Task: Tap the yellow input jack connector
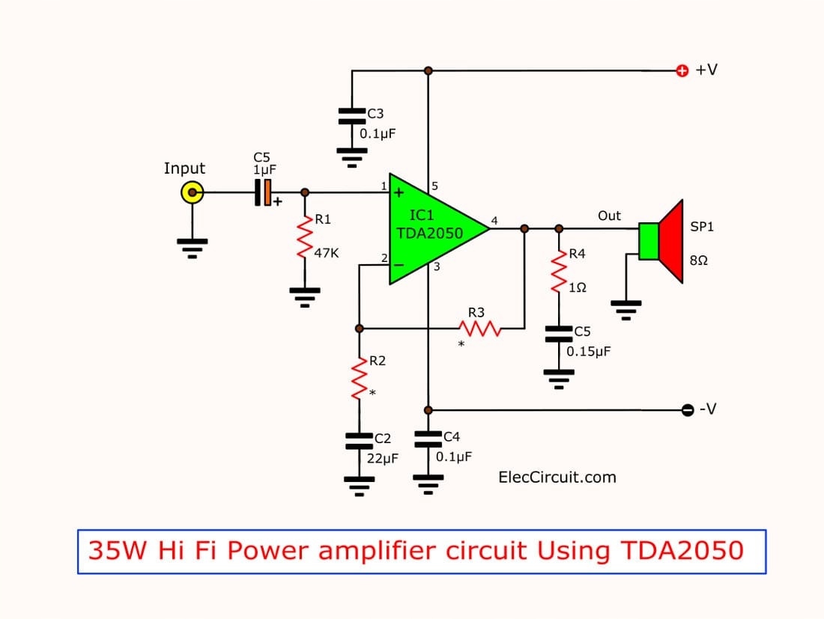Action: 193,193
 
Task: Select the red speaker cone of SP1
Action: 672,241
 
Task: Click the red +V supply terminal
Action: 682,70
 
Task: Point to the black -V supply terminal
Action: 688,409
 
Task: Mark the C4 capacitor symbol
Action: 428,438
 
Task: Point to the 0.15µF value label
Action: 589,350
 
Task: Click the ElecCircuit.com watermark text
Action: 557,477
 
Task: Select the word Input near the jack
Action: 184,168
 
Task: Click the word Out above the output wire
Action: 609,216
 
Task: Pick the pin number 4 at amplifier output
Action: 494,220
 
